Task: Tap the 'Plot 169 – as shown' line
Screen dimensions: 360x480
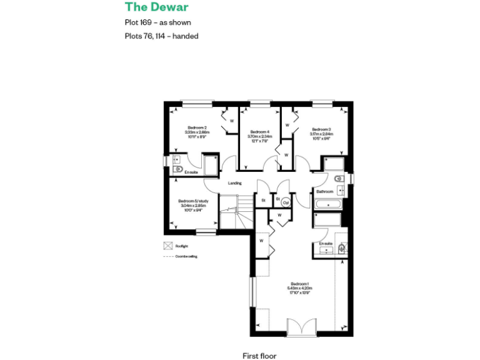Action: [157, 23]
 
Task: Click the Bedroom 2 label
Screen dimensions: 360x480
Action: [196, 127]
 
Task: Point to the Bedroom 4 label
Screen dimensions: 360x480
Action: [259, 132]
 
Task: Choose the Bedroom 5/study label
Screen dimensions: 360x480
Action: [193, 201]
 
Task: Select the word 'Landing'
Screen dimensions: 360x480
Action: [234, 183]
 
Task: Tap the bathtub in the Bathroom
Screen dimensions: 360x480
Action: [327, 204]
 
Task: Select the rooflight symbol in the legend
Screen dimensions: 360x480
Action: [167, 246]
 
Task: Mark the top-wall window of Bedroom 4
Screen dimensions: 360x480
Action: [259, 102]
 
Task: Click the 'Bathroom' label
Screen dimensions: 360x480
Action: [324, 191]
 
